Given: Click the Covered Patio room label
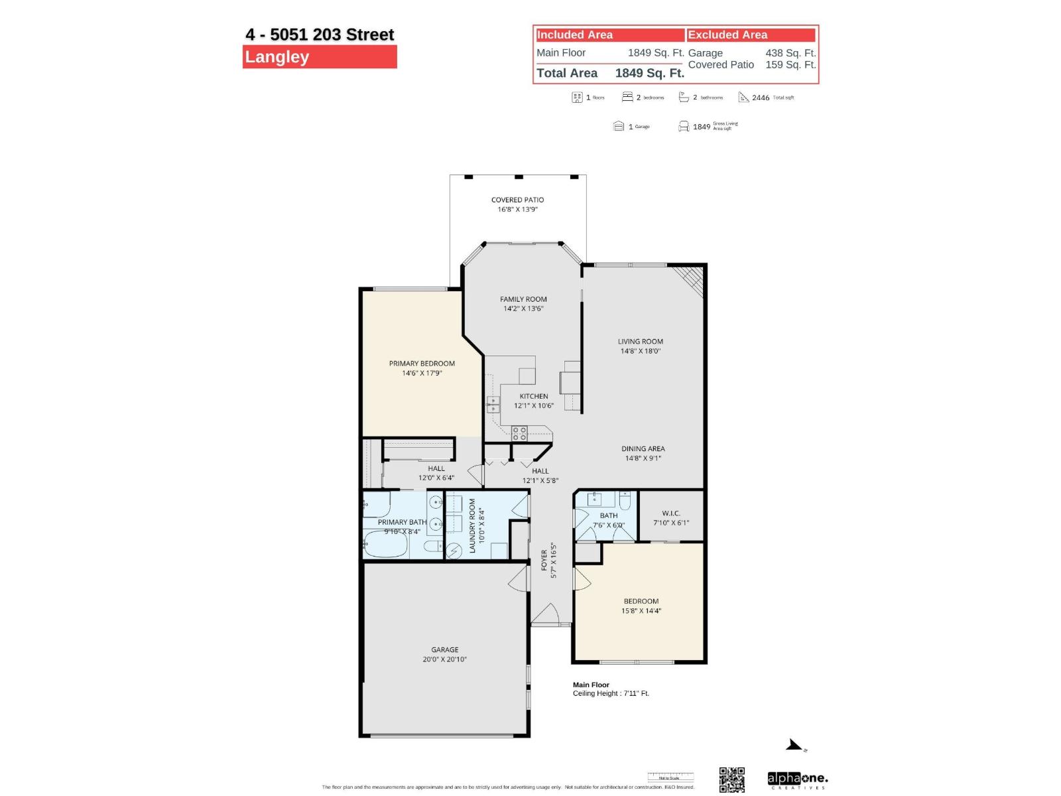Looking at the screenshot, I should click(517, 200).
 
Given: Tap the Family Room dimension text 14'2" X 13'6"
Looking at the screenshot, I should click(523, 308).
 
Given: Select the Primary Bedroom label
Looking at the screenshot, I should click(422, 364).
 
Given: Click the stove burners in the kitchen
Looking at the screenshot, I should click(519, 434).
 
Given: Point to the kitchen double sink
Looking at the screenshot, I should click(493, 404).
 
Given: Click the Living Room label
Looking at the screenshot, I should click(640, 342).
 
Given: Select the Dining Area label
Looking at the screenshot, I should click(643, 449).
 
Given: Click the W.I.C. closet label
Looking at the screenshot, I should click(670, 513).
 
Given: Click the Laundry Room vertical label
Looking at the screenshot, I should click(473, 525).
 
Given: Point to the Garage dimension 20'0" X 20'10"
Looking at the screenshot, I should click(444, 659).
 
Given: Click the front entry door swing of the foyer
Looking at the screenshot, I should click(545, 616).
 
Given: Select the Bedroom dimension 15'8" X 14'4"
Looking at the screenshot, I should click(641, 611).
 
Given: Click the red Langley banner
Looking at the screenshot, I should click(320, 57).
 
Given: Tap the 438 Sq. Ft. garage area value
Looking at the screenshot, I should click(790, 53).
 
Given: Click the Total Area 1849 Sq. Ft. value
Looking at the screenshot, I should click(649, 74).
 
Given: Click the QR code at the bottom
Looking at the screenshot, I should click(731, 779).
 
